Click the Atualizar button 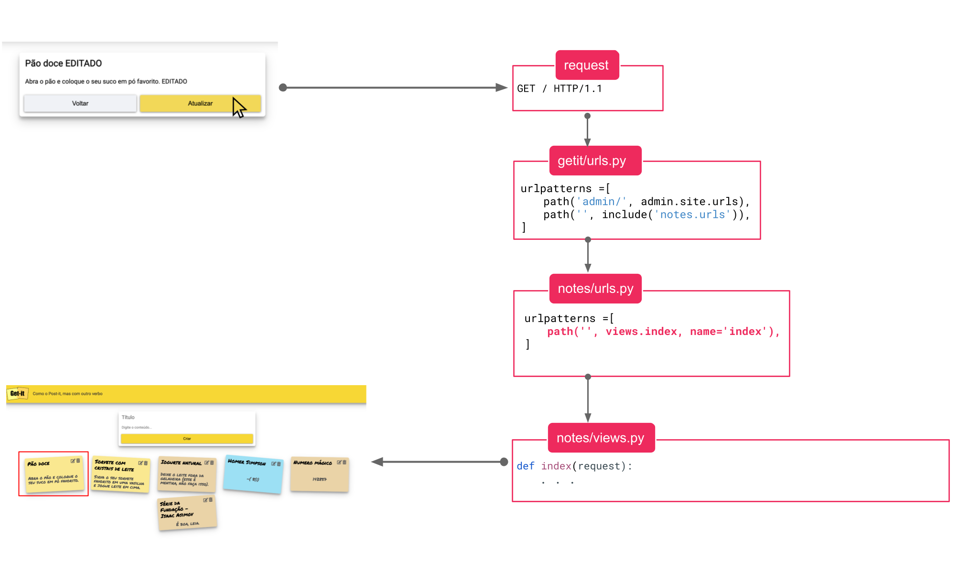200,103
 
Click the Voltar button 80,103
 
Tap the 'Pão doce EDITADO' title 64,63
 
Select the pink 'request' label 586,65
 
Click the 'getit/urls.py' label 592,161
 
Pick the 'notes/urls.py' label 595,289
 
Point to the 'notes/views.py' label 600,438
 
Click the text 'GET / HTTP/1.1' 559,89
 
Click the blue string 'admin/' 601,202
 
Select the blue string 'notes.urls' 692,215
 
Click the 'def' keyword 525,466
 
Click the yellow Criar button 187,439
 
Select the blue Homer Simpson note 253,474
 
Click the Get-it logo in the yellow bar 18,394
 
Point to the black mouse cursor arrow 238,107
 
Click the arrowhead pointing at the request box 502,87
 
